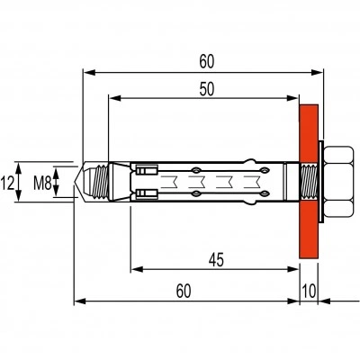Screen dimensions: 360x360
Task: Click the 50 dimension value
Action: pos(207,89)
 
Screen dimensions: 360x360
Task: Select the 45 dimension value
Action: pos(216,260)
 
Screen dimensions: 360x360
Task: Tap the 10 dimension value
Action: pos(309,292)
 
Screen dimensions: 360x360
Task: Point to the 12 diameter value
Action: pos(7,184)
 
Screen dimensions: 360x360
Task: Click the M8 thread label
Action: pos(42,183)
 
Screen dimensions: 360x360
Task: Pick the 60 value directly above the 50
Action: pos(207,62)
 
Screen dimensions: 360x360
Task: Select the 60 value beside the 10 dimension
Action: pos(184,292)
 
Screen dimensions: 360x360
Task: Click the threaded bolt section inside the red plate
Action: pos(309,182)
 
